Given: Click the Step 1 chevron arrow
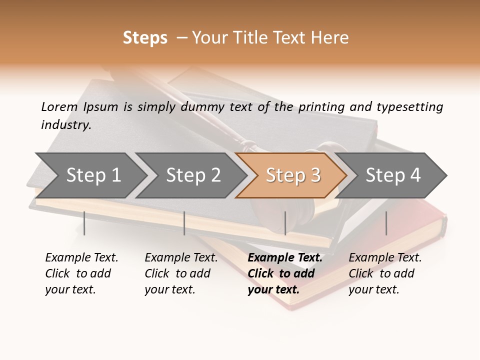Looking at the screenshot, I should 92,175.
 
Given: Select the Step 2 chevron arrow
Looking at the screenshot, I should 193,175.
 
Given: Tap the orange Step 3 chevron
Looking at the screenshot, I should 292,175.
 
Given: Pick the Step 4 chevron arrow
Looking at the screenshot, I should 393,175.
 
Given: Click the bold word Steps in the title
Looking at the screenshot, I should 145,38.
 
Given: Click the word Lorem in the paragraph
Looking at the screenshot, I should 59,106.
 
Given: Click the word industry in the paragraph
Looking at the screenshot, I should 65,125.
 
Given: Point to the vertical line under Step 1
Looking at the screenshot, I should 84,223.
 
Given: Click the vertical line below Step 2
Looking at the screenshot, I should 184,223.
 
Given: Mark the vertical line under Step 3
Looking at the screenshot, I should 285,223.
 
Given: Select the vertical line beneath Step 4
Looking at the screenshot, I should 386,223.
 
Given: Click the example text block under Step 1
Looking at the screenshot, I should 81,273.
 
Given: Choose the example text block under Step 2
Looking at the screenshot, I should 181,273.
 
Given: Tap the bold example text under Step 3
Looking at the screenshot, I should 284,273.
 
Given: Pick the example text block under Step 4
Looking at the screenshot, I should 385,273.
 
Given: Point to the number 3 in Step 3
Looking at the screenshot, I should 315,175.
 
